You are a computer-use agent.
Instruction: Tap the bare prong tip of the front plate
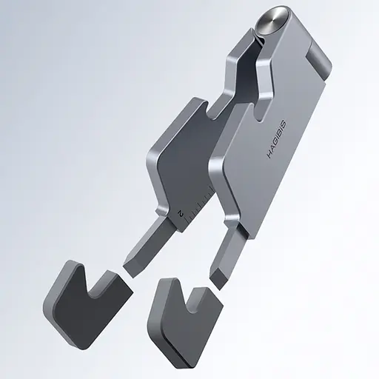[x=220, y=275]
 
